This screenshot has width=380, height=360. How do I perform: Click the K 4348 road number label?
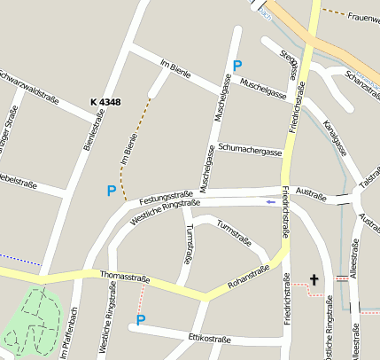click(x=105, y=103)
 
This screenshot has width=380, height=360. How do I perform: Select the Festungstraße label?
click(x=166, y=195)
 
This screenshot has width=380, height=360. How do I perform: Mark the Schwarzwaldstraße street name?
click(x=30, y=84)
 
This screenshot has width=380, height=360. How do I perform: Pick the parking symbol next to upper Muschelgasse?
click(x=237, y=65)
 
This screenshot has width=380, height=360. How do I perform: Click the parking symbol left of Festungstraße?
click(x=112, y=191)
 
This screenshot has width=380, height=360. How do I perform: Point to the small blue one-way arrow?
click(x=270, y=202)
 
